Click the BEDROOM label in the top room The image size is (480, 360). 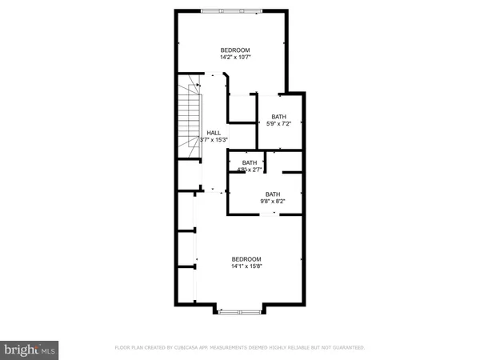(235, 48)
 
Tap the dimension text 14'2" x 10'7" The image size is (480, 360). (235, 57)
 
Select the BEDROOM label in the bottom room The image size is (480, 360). (246, 258)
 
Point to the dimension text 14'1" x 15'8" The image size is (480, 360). (246, 266)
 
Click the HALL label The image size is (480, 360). (214, 133)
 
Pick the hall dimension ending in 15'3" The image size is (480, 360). (214, 141)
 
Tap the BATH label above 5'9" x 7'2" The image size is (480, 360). (278, 116)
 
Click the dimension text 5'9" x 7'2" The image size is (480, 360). (278, 124)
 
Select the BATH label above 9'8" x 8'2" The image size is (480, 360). (273, 194)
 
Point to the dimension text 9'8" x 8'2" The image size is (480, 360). (273, 202)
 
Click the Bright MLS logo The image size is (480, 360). (30, 350)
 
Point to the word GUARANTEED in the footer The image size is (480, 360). (347, 348)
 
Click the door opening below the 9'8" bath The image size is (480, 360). (275, 214)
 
